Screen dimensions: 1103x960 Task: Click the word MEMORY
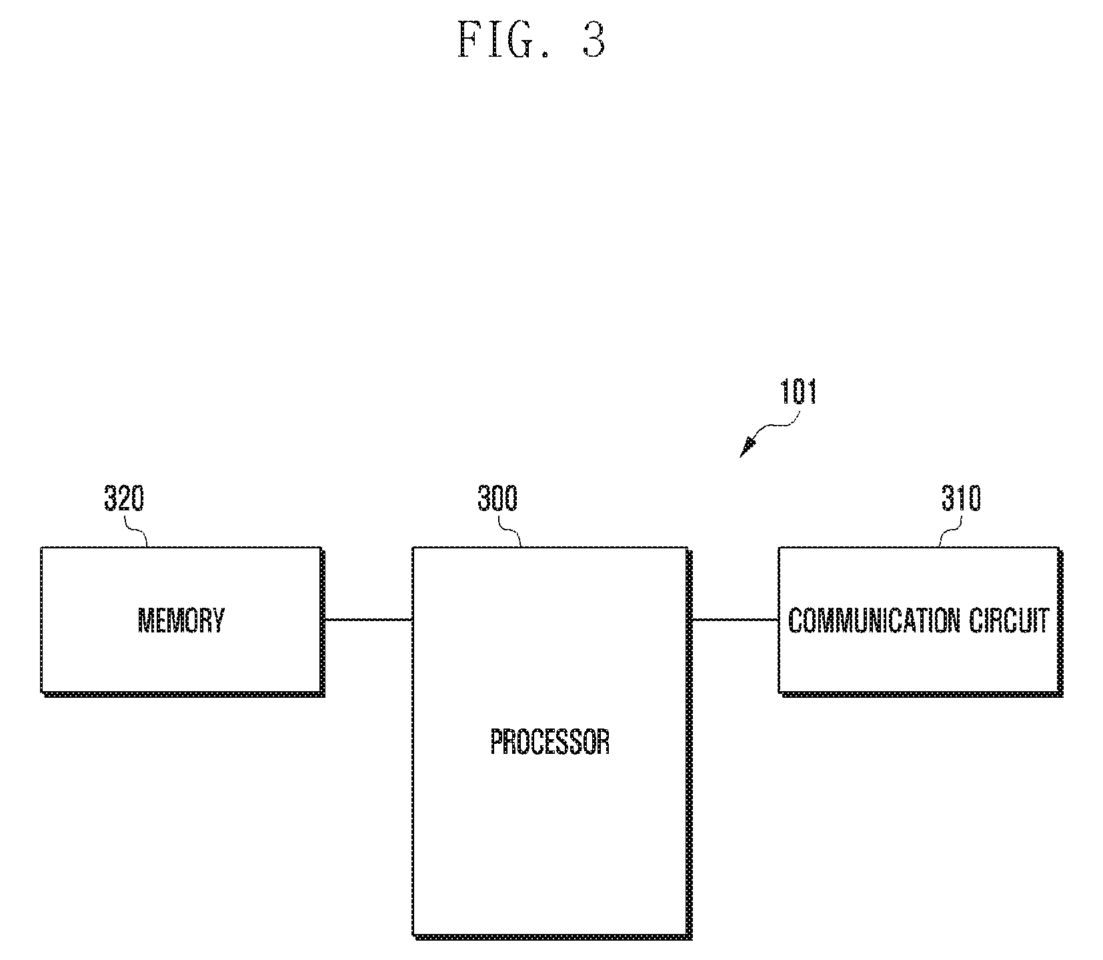click(x=181, y=620)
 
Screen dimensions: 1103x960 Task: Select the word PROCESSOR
click(x=550, y=741)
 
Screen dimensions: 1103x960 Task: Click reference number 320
click(x=124, y=498)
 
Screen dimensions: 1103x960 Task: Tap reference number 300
click(x=497, y=498)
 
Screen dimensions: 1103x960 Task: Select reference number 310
click(x=961, y=498)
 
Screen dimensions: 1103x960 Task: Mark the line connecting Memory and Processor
click(x=367, y=620)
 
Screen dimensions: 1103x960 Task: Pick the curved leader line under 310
click(x=951, y=530)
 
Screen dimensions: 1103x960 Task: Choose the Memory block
click(x=181, y=620)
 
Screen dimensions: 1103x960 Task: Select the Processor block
click(x=550, y=742)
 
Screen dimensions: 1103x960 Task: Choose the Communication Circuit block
click(x=919, y=620)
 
